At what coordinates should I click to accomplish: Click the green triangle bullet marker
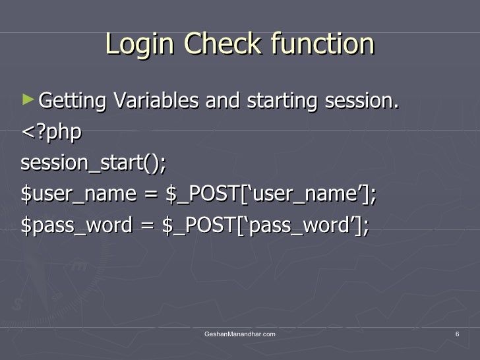point(27,100)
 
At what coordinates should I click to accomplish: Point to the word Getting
point(73,102)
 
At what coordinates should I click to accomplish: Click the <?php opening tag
point(51,132)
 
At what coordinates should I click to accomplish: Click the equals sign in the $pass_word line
point(149,225)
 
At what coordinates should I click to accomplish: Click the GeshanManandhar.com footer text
point(240,336)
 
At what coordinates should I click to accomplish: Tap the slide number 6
point(457,336)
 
